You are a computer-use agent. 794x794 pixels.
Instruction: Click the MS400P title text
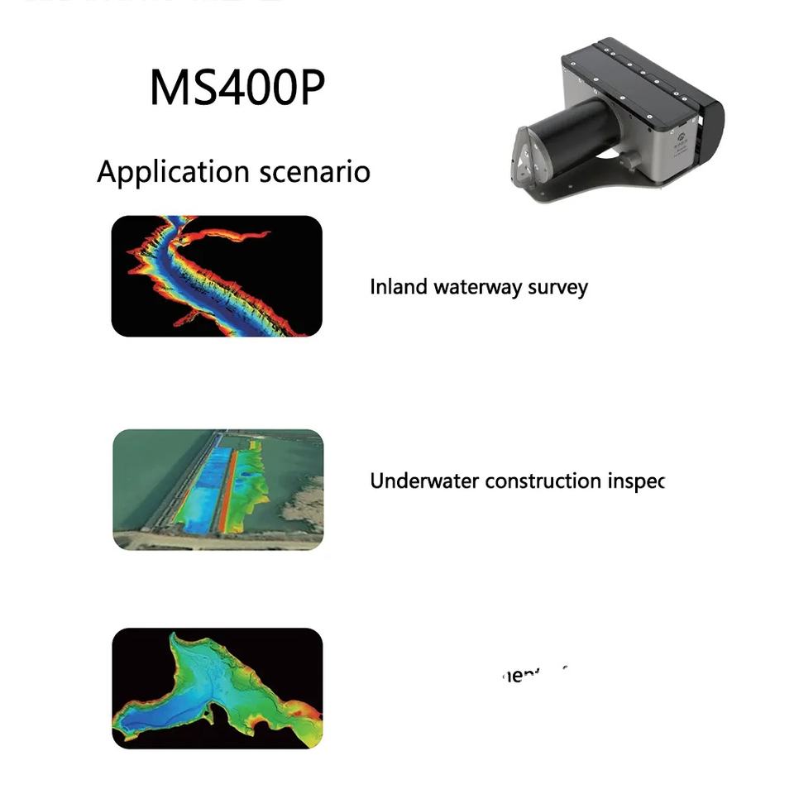pos(237,87)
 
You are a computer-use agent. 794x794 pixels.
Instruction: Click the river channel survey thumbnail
pos(217,275)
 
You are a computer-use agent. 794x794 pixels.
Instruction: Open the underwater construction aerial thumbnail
pos(218,489)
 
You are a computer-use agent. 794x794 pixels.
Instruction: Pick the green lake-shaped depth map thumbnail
pos(217,688)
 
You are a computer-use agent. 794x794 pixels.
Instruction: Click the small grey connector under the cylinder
pos(631,160)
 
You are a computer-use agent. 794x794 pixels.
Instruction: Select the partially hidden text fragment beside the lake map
pos(533,674)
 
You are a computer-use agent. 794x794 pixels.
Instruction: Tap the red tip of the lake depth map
pos(309,711)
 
